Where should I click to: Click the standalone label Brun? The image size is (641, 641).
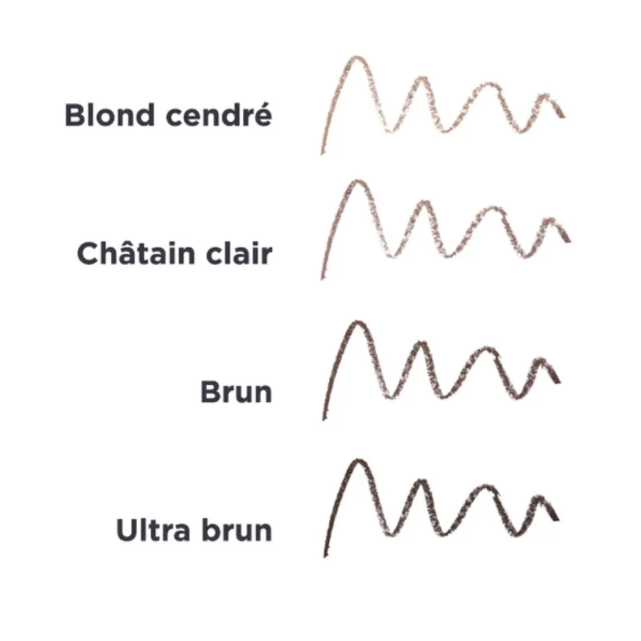pos(236,392)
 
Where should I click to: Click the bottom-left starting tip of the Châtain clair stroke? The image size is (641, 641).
pos(322,278)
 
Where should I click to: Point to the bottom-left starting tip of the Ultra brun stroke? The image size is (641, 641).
pos(325,556)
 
